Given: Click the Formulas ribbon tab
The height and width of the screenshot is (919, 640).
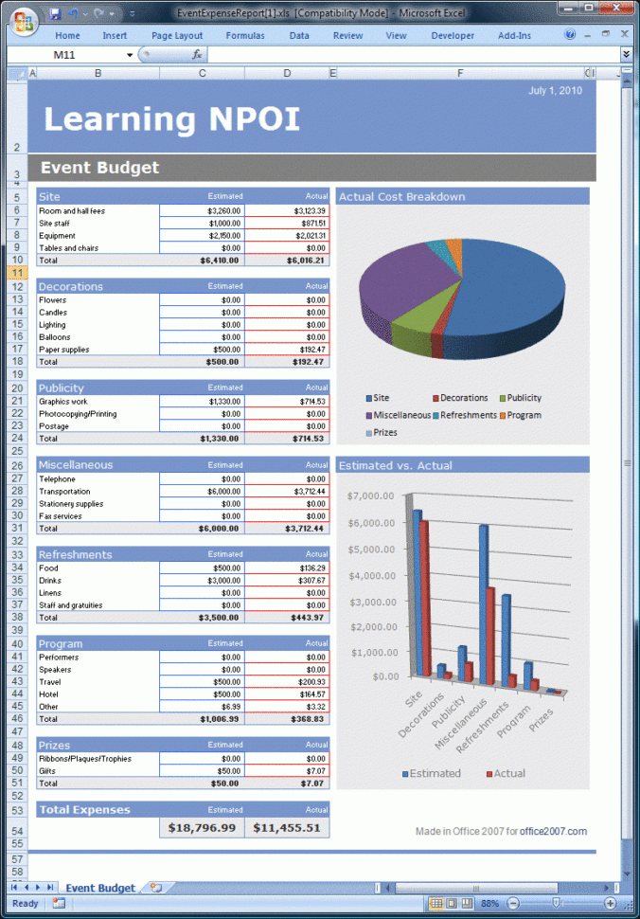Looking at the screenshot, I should point(245,36).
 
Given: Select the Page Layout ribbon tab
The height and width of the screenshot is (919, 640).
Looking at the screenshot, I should point(177,36).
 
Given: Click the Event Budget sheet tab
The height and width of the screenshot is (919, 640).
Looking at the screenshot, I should point(100,888).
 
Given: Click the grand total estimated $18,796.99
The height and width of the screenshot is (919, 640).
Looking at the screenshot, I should point(202,828).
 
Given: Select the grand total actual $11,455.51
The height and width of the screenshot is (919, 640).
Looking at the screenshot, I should point(287,828).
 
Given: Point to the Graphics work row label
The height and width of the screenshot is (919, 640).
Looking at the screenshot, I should point(65,402).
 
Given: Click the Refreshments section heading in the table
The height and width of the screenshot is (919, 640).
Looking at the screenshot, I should point(75,555).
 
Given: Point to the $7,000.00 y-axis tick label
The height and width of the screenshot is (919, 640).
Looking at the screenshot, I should point(371,496).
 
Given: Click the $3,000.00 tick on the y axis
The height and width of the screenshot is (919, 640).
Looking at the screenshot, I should point(371,601).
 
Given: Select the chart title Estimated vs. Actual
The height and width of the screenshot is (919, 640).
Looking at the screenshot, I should point(395,465).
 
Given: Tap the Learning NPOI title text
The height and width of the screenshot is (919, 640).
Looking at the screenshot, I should point(171,119).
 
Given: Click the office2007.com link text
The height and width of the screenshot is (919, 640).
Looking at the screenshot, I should point(553,832).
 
